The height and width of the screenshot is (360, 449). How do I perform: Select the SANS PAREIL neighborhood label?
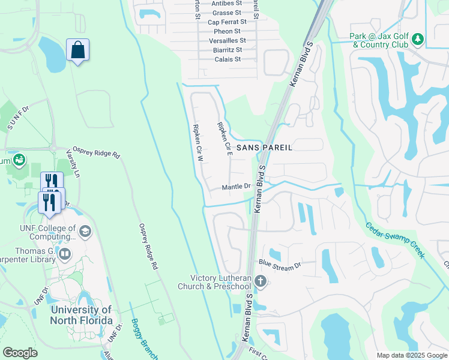[264, 147]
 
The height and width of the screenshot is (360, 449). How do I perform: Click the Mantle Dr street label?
[236, 187]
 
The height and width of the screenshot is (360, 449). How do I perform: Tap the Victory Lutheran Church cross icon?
[260, 281]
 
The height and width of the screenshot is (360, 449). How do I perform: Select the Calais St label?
[228, 59]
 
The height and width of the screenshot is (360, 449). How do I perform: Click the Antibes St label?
[226, 3]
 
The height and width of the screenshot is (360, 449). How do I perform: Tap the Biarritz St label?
[227, 50]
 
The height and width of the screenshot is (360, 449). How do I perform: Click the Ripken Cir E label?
[224, 137]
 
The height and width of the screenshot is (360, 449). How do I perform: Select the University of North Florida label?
[82, 315]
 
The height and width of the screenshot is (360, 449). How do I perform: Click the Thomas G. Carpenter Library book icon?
[64, 255]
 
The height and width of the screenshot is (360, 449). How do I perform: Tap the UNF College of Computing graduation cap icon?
[85, 232]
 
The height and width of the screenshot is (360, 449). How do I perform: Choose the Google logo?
[20, 353]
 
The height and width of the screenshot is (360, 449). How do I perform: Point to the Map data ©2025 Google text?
[412, 355]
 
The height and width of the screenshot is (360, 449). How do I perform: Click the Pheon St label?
[228, 31]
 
